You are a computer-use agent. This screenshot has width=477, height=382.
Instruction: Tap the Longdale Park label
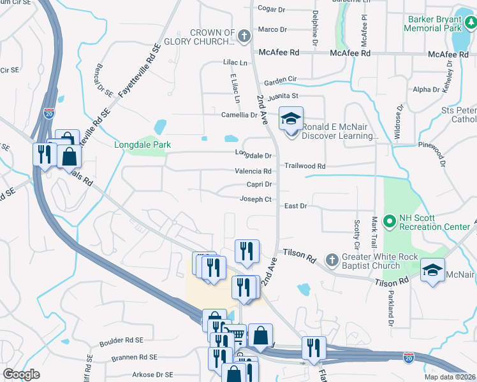click(142, 145)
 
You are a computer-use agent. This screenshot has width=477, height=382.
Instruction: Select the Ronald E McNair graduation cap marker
click(291, 119)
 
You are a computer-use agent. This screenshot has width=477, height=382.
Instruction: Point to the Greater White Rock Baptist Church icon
click(331, 259)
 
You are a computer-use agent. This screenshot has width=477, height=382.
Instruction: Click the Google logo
click(21, 374)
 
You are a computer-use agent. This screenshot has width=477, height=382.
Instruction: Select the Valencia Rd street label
click(253, 171)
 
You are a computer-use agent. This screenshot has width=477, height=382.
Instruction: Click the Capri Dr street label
click(260, 185)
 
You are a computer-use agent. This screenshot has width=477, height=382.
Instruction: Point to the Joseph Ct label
click(256, 199)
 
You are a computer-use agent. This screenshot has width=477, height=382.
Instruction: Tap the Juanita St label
click(283, 97)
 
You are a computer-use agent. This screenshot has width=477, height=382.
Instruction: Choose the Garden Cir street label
click(281, 81)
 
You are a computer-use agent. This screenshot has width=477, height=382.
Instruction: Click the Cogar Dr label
click(272, 10)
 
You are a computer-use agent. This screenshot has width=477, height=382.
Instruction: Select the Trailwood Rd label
click(305, 166)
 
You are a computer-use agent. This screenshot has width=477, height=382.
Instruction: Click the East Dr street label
click(295, 206)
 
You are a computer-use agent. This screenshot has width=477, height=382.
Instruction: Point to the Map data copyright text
click(450, 377)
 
